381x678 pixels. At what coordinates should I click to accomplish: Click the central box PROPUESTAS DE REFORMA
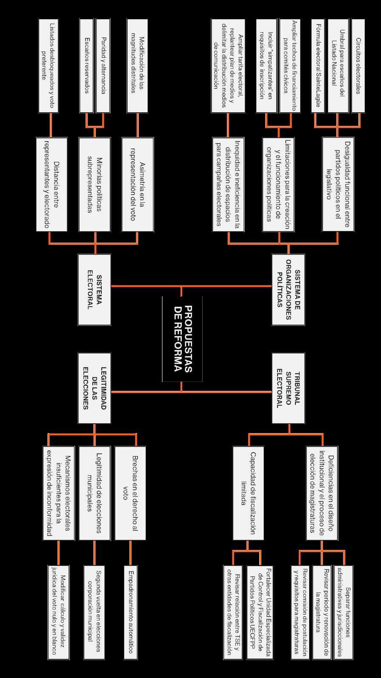(182, 339)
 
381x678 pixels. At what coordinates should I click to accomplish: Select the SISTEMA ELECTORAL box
(95, 289)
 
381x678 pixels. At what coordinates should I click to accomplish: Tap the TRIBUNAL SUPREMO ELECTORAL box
(288, 388)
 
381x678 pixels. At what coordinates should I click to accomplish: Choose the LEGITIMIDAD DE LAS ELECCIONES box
(95, 388)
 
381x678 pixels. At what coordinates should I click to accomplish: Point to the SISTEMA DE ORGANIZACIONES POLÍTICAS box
(288, 289)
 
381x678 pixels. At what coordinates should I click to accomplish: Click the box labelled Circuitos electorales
(358, 66)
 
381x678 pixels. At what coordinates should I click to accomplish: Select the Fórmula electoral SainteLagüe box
(318, 66)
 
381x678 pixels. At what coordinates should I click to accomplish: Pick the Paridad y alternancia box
(103, 66)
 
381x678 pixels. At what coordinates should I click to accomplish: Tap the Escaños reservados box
(86, 66)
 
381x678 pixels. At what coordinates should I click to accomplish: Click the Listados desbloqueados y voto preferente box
(48, 66)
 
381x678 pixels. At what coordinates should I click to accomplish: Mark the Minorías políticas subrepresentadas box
(95, 184)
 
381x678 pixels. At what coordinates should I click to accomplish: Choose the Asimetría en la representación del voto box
(138, 184)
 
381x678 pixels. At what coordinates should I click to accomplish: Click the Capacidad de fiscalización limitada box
(248, 493)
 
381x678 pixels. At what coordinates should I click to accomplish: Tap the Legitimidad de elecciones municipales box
(95, 493)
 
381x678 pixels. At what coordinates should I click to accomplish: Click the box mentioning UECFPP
(260, 612)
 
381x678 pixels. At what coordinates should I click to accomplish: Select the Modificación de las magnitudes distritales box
(138, 66)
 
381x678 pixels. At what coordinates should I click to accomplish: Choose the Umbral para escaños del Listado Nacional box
(338, 66)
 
